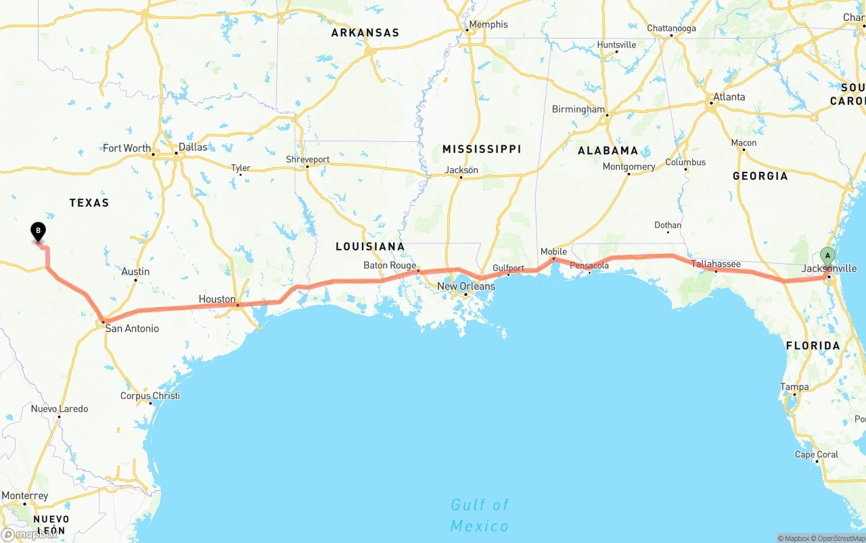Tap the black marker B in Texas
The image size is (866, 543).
click(39, 231)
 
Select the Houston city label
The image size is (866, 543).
click(217, 299)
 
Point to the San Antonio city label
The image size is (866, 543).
click(132, 329)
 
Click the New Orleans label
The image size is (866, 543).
click(466, 286)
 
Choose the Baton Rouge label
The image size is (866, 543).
click(390, 265)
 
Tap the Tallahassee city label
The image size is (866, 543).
click(716, 264)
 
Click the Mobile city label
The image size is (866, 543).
click(553, 252)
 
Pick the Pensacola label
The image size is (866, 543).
click(589, 266)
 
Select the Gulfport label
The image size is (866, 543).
click(508, 268)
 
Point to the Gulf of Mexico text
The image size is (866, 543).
click(480, 515)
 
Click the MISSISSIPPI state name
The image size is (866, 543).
click(482, 149)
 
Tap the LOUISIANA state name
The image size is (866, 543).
click(370, 246)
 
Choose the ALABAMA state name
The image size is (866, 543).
click(608, 151)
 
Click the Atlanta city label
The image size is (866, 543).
click(729, 97)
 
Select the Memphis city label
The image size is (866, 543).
click(488, 24)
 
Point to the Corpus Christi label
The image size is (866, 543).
click(150, 396)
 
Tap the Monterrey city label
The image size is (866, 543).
click(25, 496)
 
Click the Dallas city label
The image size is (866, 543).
click(193, 147)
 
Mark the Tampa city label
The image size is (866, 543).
click(794, 387)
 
